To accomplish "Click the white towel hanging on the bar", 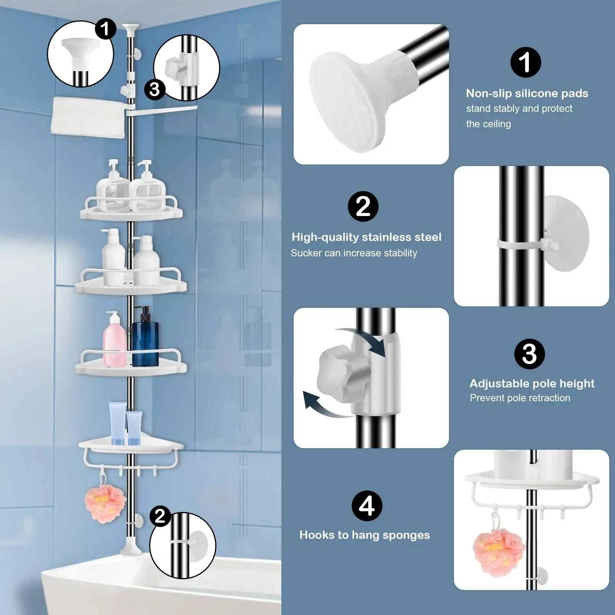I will coord(88,117).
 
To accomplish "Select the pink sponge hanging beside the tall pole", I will coord(100,504).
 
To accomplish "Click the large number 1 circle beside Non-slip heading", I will coord(525,62).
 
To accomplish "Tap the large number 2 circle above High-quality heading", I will coord(363,206).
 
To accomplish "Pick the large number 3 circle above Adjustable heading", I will coord(529,354).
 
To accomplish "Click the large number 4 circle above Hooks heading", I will coord(367,506).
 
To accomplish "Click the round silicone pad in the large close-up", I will coord(348,102).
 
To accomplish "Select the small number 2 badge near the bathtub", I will coord(160,516).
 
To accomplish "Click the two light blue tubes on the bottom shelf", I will coord(126,423).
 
